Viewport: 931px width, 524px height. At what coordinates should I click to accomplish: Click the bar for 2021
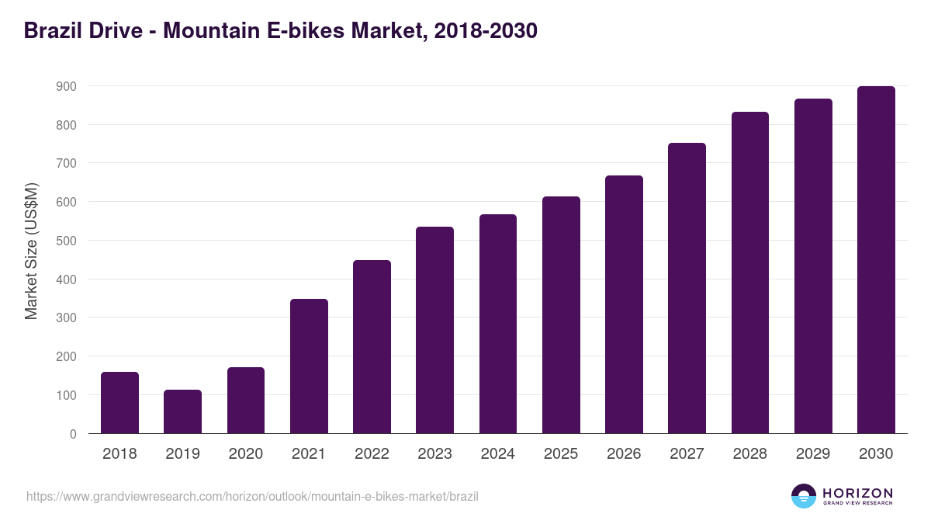[x=309, y=366]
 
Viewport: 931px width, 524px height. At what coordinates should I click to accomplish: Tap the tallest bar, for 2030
[x=876, y=260]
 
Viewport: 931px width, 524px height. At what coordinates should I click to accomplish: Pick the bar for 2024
[x=498, y=324]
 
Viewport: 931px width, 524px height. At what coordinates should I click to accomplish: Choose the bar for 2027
[x=687, y=288]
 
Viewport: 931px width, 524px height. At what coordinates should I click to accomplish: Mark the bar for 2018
[x=119, y=402]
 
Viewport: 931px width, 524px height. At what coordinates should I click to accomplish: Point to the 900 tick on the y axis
[x=66, y=86]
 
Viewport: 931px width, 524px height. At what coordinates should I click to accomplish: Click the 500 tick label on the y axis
[x=66, y=241]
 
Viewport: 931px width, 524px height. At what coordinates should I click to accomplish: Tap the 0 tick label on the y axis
[x=72, y=434]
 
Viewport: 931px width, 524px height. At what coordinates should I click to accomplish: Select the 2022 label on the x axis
[x=372, y=454]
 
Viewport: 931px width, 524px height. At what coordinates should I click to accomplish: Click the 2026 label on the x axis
[x=624, y=454]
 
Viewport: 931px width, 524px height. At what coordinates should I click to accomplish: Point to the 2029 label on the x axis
[x=813, y=454]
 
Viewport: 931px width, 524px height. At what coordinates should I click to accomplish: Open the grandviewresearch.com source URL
[x=252, y=496]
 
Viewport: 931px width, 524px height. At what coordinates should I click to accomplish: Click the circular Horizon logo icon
[x=804, y=496]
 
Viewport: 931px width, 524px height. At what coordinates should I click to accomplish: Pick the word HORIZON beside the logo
[x=857, y=493]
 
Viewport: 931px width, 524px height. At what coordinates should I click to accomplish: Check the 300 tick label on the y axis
[x=66, y=318]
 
